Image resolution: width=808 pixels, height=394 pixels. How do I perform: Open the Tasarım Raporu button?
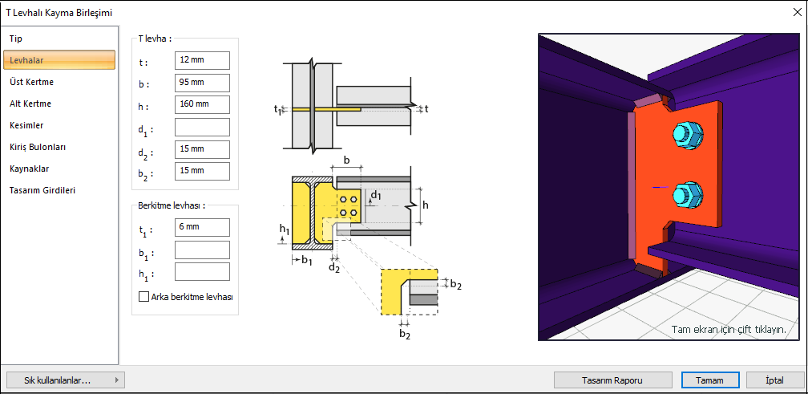pos(614,380)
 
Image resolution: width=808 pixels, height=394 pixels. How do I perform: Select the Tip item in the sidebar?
pos(16,38)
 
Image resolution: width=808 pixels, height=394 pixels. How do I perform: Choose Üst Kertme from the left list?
pos(32,82)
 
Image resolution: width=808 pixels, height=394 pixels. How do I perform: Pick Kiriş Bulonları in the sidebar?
pos(38,147)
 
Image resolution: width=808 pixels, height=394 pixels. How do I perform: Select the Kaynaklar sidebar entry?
pos(28,169)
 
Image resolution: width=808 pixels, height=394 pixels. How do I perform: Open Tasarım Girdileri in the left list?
pos(42,191)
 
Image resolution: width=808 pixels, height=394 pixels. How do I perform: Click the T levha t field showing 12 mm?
pos(202,60)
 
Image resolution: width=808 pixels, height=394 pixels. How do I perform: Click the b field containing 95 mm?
pos(202,83)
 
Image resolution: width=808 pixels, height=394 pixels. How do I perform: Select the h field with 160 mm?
pos(202,104)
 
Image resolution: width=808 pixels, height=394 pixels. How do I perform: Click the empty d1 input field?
pos(202,127)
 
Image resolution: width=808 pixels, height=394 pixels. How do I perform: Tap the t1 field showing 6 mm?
pos(202,227)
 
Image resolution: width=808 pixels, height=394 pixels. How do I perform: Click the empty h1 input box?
pos(202,272)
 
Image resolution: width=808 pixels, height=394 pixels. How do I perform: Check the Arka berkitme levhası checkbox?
pos(144,296)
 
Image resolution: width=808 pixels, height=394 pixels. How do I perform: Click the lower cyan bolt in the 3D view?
pos(688,194)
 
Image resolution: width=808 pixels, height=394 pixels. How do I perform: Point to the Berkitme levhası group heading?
pos(171,205)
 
